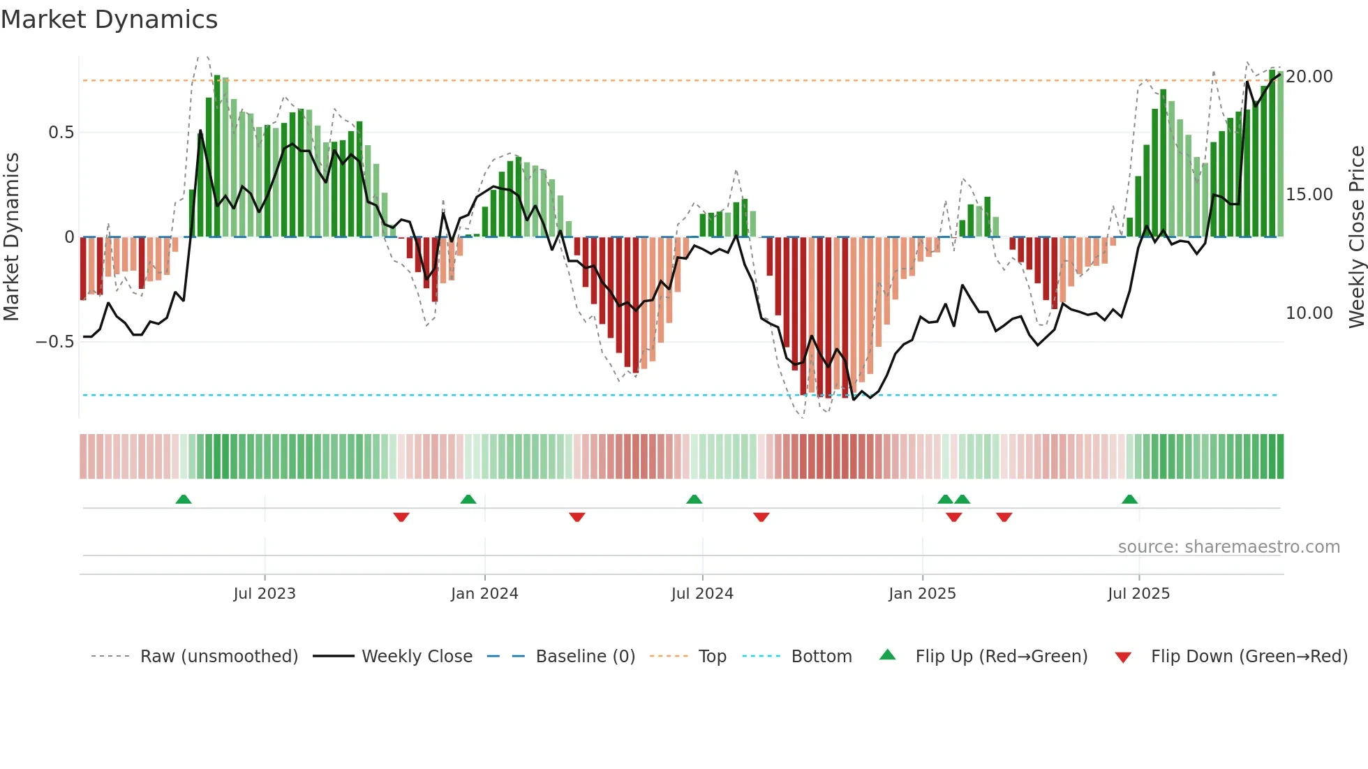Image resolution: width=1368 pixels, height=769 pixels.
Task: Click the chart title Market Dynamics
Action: click(109, 20)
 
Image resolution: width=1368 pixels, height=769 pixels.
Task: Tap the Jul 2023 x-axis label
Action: click(265, 594)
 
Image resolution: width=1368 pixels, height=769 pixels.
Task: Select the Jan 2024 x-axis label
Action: click(484, 594)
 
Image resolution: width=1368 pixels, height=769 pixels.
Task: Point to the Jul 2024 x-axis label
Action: click(702, 594)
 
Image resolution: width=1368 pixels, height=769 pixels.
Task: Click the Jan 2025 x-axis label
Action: click(922, 594)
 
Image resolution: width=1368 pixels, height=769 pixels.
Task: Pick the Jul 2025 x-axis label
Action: click(1138, 594)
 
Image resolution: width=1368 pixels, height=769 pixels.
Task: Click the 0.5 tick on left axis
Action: click(61, 133)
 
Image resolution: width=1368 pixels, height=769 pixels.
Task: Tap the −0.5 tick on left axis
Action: click(54, 342)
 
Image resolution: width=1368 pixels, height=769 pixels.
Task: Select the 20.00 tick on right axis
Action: click(1309, 77)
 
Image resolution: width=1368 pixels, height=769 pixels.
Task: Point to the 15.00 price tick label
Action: click(1309, 195)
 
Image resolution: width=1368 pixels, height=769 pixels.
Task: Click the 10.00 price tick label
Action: click(1309, 313)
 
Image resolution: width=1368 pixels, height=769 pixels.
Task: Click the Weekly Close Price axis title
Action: click(1356, 237)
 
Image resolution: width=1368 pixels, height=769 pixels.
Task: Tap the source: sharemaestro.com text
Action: click(1228, 547)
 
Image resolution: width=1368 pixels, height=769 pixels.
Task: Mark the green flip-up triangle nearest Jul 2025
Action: click(1129, 499)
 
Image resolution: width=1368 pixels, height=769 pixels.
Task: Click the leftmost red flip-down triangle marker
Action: click(401, 517)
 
